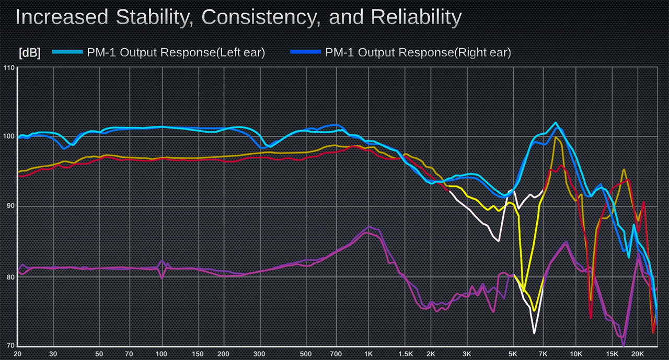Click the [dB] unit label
pos(29,53)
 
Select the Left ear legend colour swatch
pos(66,52)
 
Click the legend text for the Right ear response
pos(418,52)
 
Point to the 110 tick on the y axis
pos(8,68)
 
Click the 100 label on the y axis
pos(8,137)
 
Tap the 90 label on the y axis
pos(9,206)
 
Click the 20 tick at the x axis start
pos(18,354)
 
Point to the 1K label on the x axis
pos(369,354)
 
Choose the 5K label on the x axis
pos(513,354)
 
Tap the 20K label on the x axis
pos(637,354)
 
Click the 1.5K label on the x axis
pos(406,354)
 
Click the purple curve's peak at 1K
pos(369,227)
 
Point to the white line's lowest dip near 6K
pos(534,333)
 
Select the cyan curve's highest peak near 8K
pos(556,123)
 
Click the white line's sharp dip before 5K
pos(499,241)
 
